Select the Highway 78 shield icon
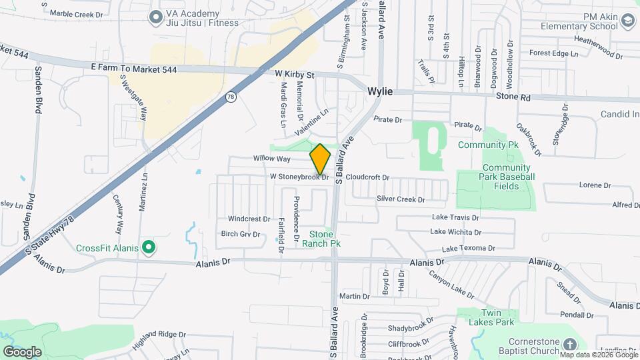click(231, 97)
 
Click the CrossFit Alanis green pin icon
click(150, 249)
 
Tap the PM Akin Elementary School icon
click(627, 21)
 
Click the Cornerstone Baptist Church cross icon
click(569, 344)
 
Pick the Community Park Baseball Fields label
click(508, 172)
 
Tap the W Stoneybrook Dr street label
click(299, 177)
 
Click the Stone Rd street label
click(513, 97)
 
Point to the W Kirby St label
click(294, 75)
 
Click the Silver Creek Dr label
click(401, 199)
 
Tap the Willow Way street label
click(271, 159)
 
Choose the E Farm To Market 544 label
click(133, 69)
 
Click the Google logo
click(22, 351)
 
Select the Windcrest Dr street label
click(249, 219)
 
